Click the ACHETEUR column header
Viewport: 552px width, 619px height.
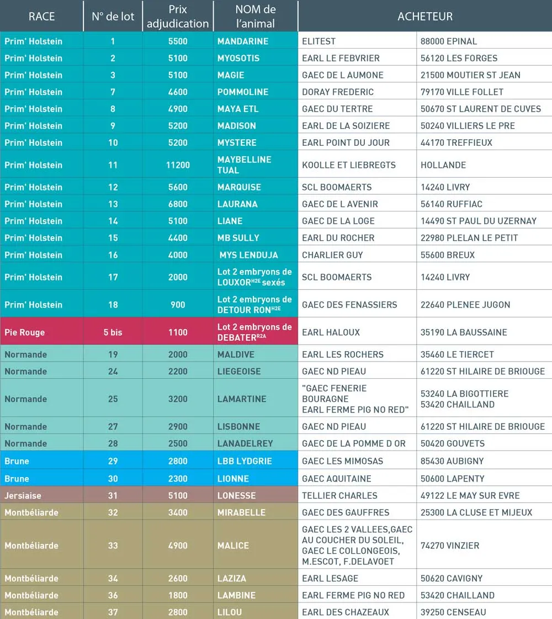pos(424,17)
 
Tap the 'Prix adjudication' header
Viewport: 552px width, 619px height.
pos(178,17)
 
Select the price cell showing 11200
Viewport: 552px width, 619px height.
pos(178,165)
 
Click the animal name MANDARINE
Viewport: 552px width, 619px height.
pos(243,41)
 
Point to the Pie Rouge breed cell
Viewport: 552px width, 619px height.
pos(24,332)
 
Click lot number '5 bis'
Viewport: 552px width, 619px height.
pos(113,332)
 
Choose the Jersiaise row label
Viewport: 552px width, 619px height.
pos(23,496)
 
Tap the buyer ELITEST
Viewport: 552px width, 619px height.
pos(319,41)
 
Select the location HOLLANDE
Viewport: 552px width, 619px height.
pos(443,165)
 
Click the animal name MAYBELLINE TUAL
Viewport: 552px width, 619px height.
pos(244,165)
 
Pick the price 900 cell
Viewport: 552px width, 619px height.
pos(178,305)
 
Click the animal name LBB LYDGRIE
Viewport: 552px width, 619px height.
pos(245,461)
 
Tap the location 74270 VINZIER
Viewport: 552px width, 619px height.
pos(450,546)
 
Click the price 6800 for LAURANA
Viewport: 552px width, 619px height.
pos(178,204)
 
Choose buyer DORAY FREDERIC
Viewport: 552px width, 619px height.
pos(338,92)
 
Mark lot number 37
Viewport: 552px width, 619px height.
pos(113,612)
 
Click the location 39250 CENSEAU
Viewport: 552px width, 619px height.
pos(453,612)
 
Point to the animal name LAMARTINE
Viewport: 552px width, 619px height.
pos(242,399)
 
